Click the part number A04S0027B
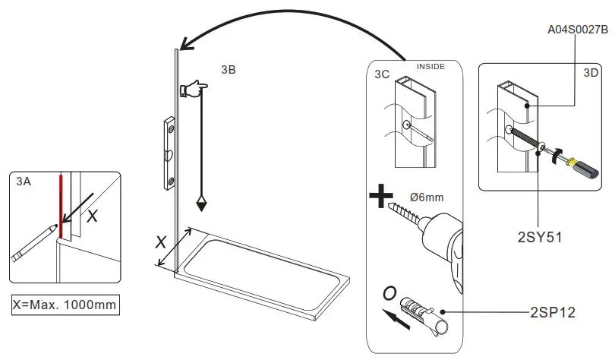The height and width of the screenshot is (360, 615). coord(578,30)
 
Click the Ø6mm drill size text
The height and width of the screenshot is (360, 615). coord(426,197)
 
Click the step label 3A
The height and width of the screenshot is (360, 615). coord(24,182)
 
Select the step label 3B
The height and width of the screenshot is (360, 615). coord(228,70)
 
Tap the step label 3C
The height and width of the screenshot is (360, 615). coord(382,74)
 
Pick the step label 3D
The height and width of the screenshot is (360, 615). coord(590,74)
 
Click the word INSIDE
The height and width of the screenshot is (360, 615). coord(430,67)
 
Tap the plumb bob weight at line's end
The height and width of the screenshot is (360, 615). coord(202,203)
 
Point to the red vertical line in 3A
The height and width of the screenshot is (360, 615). coord(60,205)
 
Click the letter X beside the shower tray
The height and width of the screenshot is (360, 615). coord(160,242)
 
